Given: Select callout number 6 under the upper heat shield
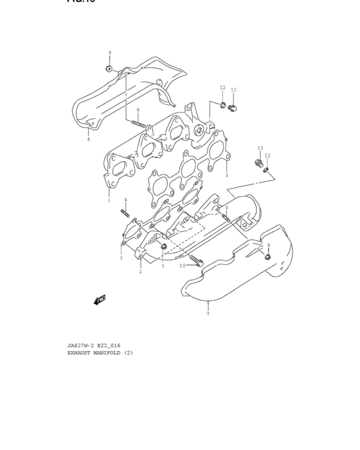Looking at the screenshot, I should [x=89, y=139].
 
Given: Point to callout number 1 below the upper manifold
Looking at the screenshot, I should [x=109, y=201].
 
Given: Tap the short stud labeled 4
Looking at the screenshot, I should [x=125, y=212].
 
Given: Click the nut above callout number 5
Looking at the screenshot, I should [x=164, y=246].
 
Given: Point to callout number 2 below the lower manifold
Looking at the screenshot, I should [x=140, y=271].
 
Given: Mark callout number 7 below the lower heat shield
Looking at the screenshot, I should [x=208, y=314].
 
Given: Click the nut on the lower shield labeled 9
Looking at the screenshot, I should [x=268, y=258].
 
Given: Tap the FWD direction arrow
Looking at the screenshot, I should [x=99, y=299].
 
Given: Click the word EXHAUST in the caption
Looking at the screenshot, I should [x=81, y=352].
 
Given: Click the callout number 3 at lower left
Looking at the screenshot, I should [x=121, y=258].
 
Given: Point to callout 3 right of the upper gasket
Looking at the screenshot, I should [x=226, y=175].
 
